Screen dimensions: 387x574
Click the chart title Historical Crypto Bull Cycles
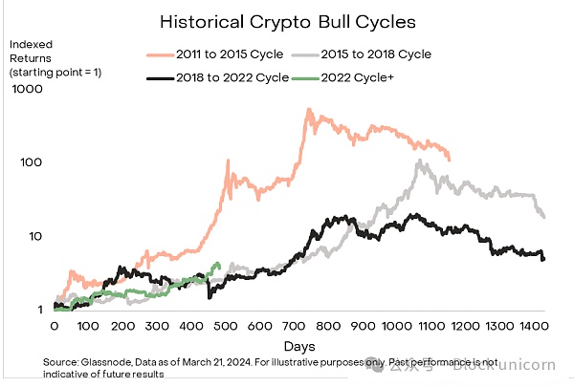pyautogui.click(x=286, y=20)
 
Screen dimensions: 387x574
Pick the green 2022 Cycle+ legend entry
pyautogui.click(x=360, y=77)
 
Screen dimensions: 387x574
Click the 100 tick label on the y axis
pyautogui.click(x=31, y=162)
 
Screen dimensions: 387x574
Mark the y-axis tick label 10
pyautogui.click(x=34, y=236)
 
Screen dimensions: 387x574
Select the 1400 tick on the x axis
pyautogui.click(x=531, y=327)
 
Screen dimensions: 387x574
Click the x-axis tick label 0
pyautogui.click(x=55, y=327)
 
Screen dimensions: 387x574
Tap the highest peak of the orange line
pyautogui.click(x=309, y=110)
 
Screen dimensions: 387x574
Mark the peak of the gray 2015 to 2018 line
pyautogui.click(x=420, y=162)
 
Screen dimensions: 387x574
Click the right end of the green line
pyautogui.click(x=220, y=266)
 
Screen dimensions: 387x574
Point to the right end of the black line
pyautogui.click(x=543, y=259)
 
